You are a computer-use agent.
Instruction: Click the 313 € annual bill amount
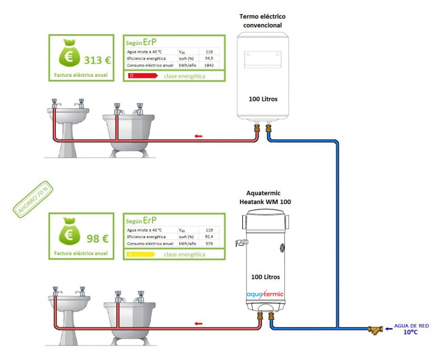click(x=97, y=59)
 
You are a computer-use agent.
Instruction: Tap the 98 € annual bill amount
click(x=97, y=238)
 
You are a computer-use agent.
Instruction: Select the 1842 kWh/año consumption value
click(x=209, y=65)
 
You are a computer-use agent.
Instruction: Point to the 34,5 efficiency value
click(x=209, y=58)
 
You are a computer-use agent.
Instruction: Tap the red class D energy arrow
click(x=143, y=76)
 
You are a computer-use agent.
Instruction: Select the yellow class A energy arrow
click(x=143, y=254)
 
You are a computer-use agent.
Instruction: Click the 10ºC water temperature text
click(x=410, y=332)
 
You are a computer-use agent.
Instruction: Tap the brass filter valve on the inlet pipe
click(x=377, y=329)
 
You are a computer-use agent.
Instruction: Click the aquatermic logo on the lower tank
click(x=265, y=294)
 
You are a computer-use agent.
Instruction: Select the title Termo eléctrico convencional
click(x=260, y=21)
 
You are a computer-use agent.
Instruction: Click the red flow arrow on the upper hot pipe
click(x=199, y=137)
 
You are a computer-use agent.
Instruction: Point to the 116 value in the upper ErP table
click(x=209, y=52)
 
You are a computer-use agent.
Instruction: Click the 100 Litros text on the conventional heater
click(x=263, y=98)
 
